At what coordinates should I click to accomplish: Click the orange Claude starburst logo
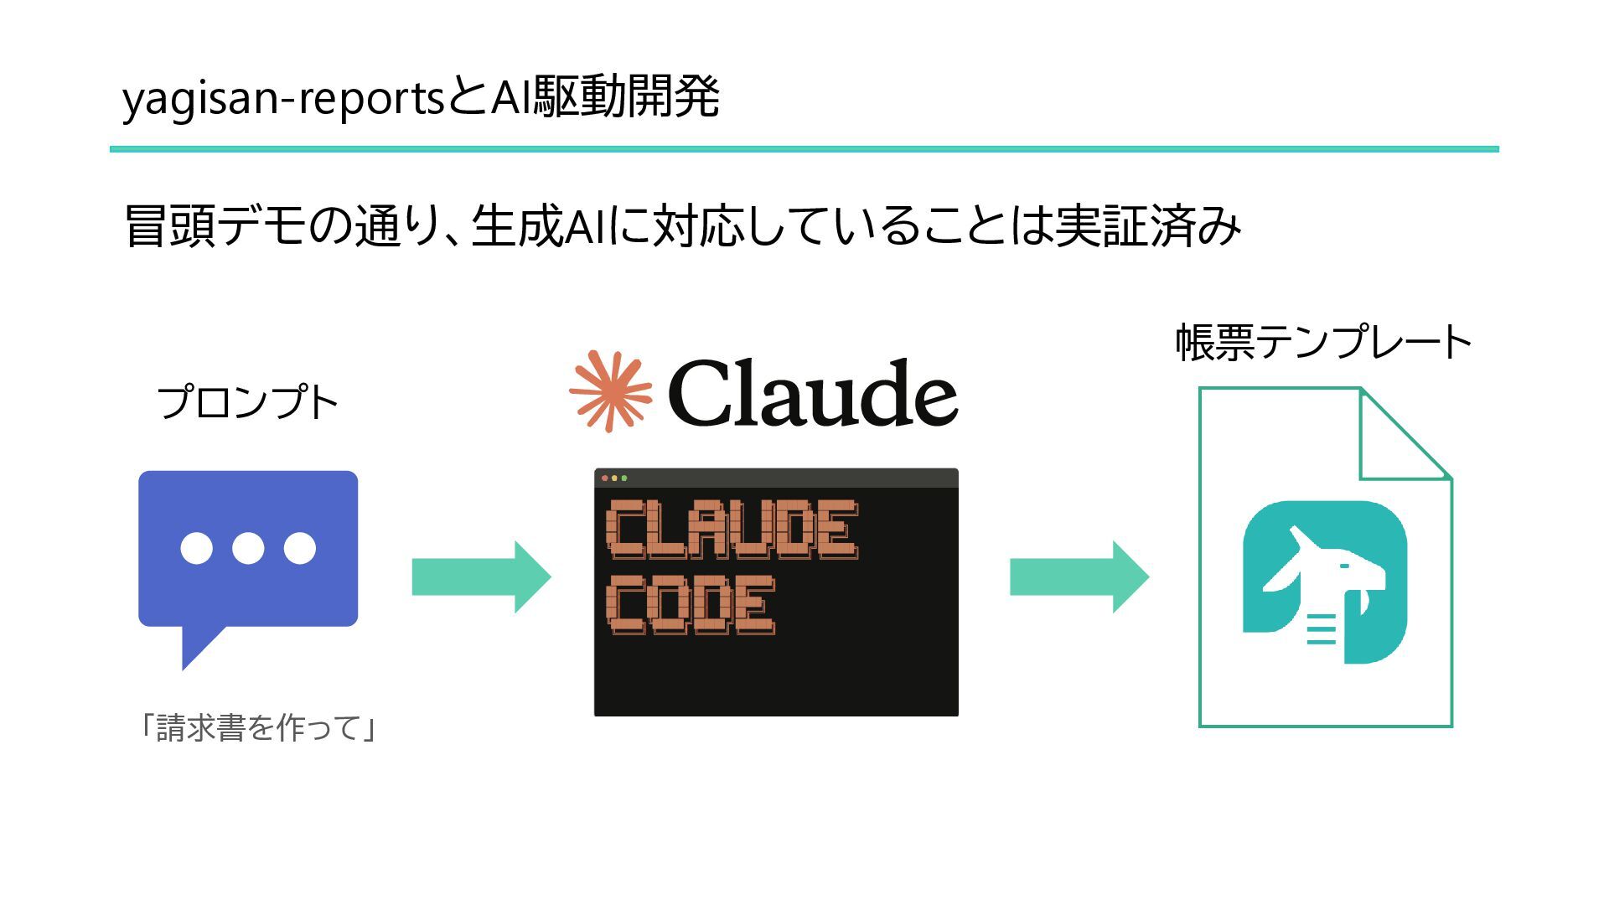click(610, 391)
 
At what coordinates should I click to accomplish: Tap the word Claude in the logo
click(812, 393)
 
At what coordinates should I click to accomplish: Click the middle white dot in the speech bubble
click(248, 548)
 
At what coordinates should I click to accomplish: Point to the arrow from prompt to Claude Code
click(481, 577)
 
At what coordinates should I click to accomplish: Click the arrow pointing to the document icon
click(1079, 577)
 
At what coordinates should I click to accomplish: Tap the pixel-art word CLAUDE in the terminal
click(732, 530)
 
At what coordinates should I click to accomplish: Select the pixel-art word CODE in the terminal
click(691, 605)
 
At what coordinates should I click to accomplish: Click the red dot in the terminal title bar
click(605, 478)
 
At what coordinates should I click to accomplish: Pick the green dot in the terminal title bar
click(624, 478)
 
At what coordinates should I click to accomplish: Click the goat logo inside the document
click(1324, 582)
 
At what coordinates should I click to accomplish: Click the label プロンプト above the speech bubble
click(247, 403)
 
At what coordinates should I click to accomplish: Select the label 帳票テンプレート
click(1323, 343)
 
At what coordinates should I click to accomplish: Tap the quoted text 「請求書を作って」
click(257, 727)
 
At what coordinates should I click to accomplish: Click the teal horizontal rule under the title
click(804, 149)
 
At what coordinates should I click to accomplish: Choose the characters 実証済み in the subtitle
click(1147, 226)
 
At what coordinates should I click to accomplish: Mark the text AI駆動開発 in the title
click(605, 97)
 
